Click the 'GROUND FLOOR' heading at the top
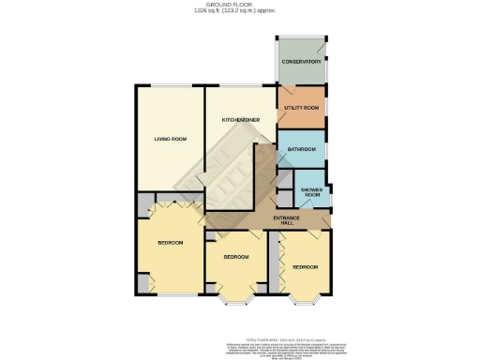coord(239,4)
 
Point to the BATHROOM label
coord(301,149)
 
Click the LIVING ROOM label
coord(171,139)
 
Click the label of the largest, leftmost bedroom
coord(170,244)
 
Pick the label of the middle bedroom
coord(235,257)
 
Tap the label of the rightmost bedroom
coord(304,266)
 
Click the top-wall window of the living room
coord(170,86)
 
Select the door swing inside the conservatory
coord(321,46)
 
